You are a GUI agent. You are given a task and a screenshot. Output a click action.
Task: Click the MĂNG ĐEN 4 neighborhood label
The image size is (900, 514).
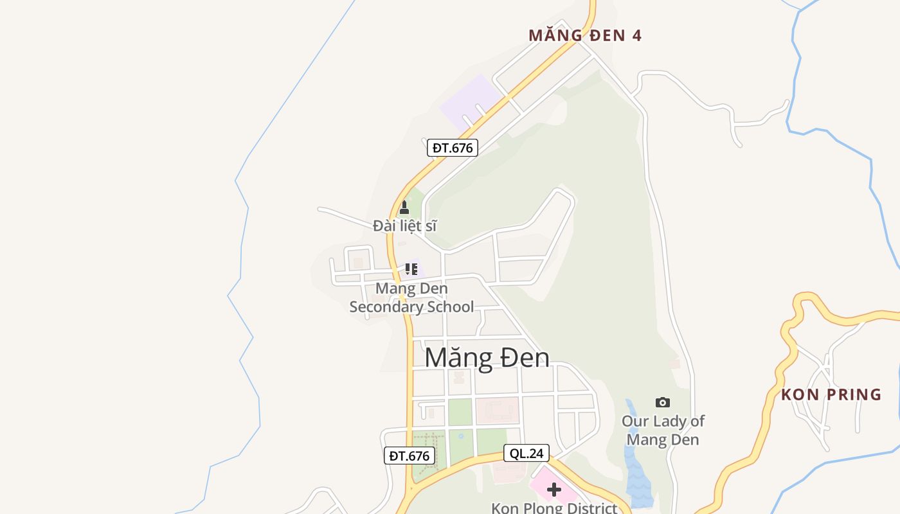coord(585,35)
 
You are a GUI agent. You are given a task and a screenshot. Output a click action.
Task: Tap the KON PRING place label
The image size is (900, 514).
coord(831,394)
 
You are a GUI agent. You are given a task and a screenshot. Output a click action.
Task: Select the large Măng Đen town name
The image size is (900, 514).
coord(487,358)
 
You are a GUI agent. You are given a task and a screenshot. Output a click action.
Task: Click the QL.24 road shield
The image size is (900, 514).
coord(526,454)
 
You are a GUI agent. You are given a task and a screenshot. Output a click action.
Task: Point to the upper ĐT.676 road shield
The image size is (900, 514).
coord(453,148)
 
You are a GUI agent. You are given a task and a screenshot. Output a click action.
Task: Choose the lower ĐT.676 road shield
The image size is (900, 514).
coord(409,456)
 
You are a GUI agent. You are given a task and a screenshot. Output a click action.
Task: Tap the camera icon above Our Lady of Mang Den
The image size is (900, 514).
coord(663,403)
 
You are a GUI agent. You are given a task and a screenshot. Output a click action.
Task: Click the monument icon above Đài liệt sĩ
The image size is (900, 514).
coord(404,208)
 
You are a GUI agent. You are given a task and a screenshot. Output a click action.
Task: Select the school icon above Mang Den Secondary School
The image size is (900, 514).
coord(411,269)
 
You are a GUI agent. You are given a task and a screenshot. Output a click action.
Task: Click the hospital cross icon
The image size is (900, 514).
coord(553,490)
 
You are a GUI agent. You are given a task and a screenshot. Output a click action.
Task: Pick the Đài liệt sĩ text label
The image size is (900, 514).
coord(405,226)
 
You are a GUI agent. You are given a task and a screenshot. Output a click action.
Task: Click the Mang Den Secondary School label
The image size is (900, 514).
coord(411,297)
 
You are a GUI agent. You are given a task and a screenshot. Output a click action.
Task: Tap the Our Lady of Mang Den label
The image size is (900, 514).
coord(663,430)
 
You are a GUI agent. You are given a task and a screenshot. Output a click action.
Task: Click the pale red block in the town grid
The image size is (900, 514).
coord(497,410)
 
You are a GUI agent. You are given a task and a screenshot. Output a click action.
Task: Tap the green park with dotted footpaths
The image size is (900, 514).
coord(429,453)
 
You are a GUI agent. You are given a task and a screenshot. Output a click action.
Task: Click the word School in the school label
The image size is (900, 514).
coord(448,307)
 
